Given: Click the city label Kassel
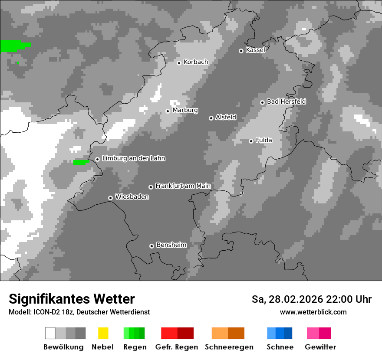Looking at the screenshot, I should [x=255, y=50].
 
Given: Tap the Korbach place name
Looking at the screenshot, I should [x=196, y=62].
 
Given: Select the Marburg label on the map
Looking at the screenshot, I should [x=185, y=110].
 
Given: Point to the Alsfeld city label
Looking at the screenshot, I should [x=226, y=117].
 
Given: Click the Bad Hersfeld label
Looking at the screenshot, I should [x=286, y=101].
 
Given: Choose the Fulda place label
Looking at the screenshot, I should [x=264, y=140].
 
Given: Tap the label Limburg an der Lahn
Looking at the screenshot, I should [x=133, y=158].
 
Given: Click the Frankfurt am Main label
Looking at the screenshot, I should [x=183, y=186].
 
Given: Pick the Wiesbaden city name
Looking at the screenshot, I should [x=132, y=197].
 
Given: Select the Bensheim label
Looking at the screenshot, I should [x=171, y=245].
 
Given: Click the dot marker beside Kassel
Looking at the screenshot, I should [x=241, y=51].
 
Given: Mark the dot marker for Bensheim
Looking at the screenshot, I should [x=151, y=246].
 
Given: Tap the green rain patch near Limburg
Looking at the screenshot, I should [x=80, y=163].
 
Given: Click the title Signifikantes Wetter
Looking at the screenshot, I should [x=72, y=299].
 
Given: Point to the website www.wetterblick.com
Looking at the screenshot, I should [x=313, y=312].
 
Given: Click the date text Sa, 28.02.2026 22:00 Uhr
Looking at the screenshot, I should [x=311, y=299].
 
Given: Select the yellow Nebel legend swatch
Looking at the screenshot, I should [x=103, y=333].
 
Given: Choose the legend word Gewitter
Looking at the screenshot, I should [x=320, y=347].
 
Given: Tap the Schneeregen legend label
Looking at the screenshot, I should [x=229, y=347].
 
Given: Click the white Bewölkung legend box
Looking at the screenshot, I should [x=50, y=333].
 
